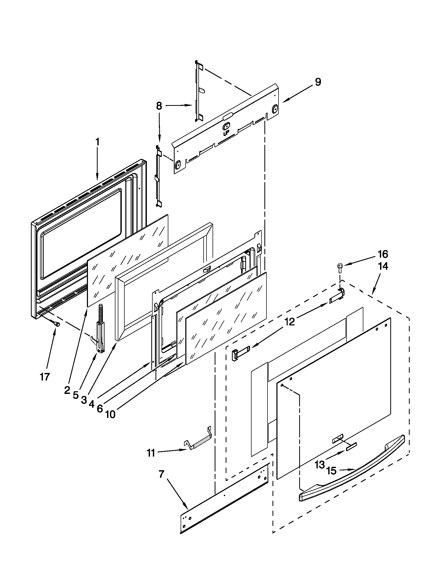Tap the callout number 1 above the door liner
coord(97,142)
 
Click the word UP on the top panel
coord(226,134)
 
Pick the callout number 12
coord(290,322)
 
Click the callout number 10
coord(111,415)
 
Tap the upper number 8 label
coord(159,106)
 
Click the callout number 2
coord(67,397)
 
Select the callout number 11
coord(151,453)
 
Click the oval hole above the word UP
coord(226,127)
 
